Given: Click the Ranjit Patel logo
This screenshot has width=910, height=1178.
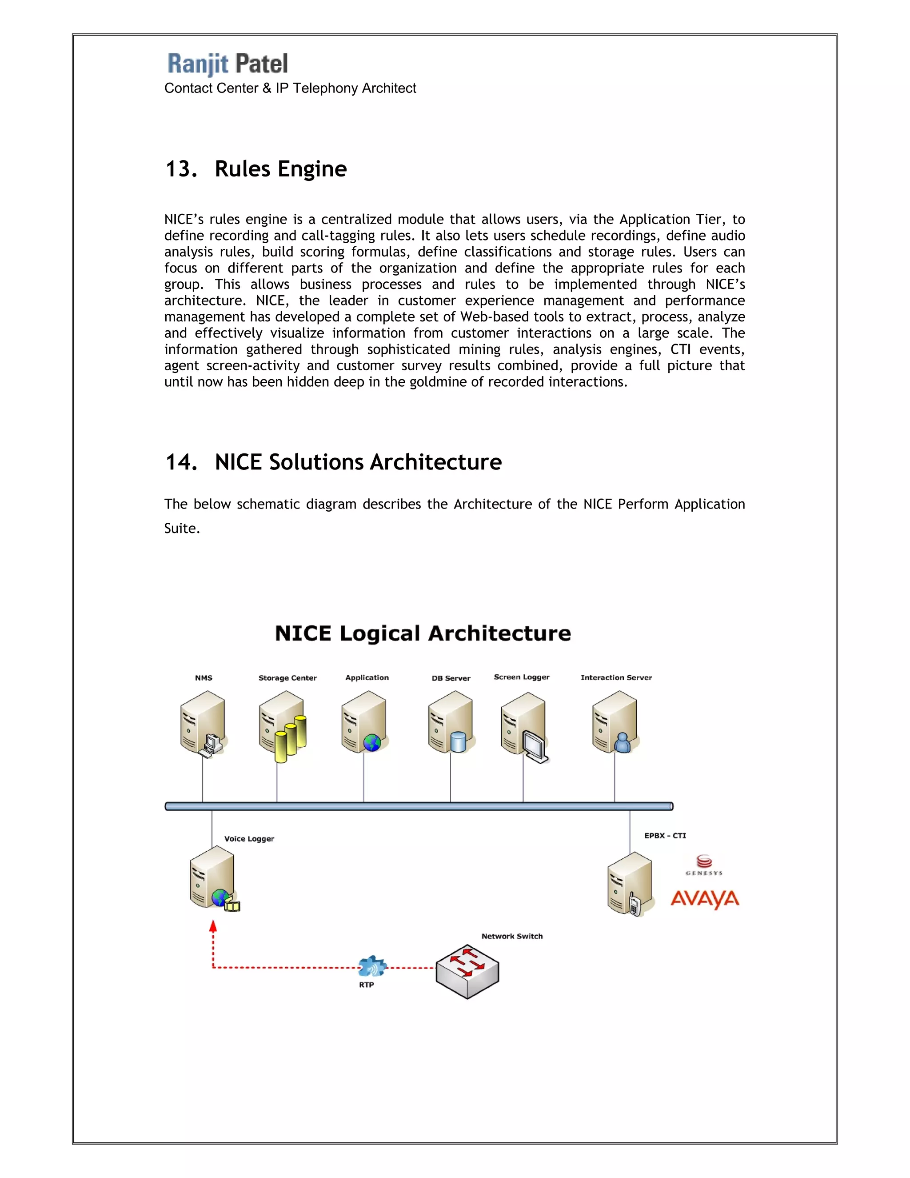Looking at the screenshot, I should pos(227,64).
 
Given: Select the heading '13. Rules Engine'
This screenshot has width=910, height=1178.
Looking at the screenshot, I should pos(256,169).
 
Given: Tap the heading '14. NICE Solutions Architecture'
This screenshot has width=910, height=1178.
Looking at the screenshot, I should pos(333,462).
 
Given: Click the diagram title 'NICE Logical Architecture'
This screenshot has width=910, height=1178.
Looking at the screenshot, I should pos(423,633).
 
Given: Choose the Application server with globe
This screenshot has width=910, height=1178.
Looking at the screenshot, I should pos(364,723).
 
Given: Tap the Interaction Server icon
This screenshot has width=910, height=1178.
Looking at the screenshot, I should pos(615,723).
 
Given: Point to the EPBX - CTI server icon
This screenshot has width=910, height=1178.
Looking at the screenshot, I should pos(630,884).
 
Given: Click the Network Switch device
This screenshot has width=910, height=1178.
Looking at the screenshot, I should pos(467,971).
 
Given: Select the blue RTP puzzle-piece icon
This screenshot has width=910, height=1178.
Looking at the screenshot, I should pos(372,966).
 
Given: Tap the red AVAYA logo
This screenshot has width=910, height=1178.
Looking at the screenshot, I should pos(705,899).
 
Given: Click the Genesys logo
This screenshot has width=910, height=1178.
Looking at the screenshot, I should pos(704,865).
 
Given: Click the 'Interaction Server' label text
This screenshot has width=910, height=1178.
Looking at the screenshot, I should pos(616,677).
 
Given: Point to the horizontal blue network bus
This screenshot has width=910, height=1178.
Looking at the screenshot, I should pos(419,806).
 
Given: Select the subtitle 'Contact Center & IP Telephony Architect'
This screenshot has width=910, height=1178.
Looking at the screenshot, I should pos(290,88).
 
